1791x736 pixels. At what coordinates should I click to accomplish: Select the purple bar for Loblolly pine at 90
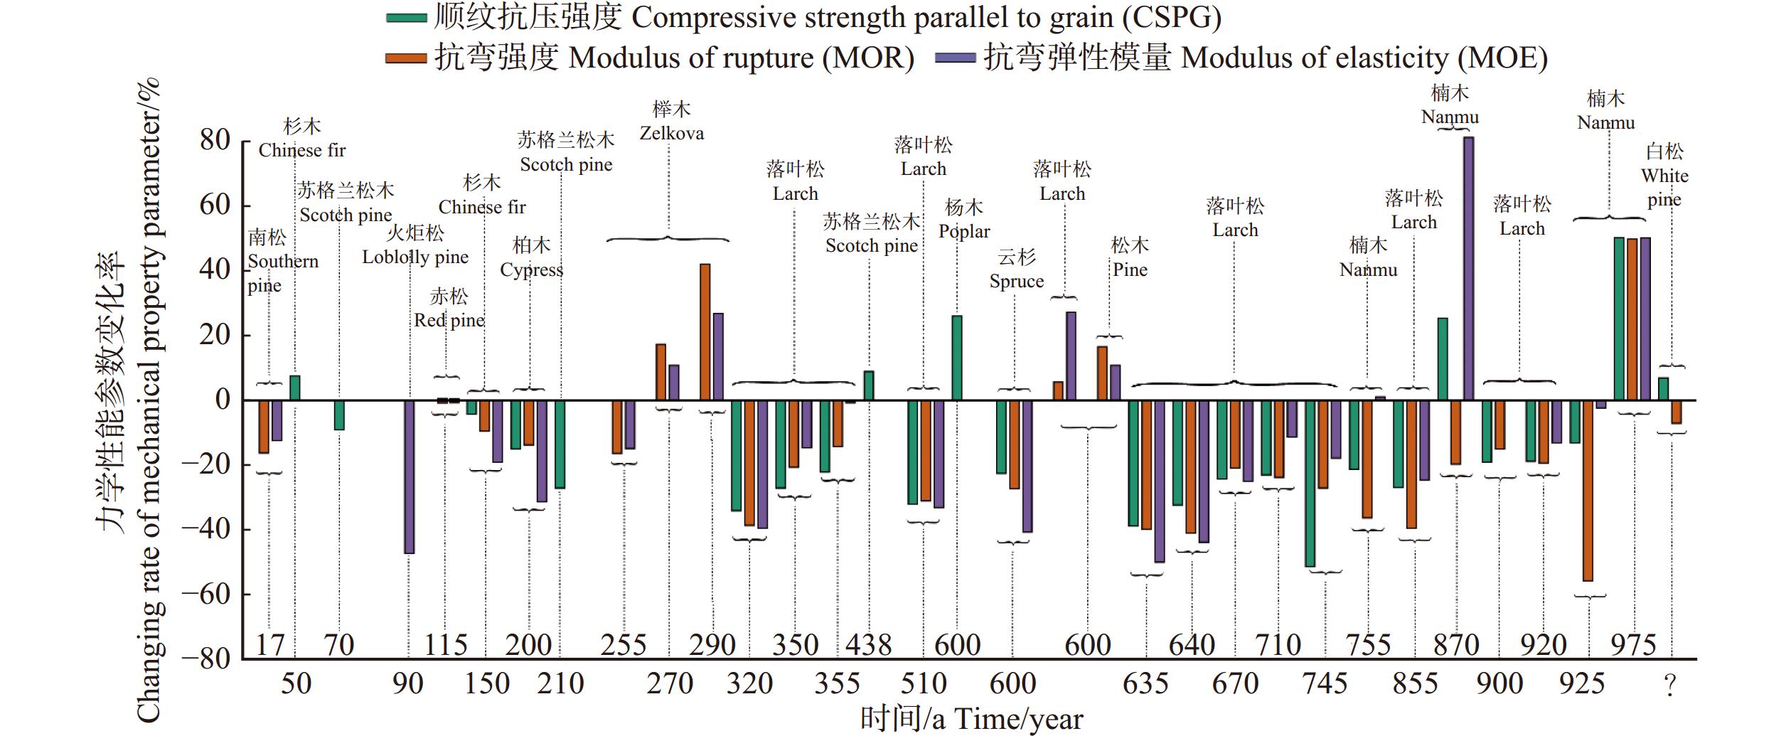point(410,476)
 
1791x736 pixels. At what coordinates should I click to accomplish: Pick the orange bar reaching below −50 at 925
point(1588,491)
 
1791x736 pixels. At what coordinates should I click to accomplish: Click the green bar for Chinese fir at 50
point(295,388)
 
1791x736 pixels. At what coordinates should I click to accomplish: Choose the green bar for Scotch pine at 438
point(869,385)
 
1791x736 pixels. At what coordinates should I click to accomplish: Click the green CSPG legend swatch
point(406,18)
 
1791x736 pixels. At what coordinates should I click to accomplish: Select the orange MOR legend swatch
point(406,58)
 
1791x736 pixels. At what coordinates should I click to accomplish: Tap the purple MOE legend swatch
point(955,58)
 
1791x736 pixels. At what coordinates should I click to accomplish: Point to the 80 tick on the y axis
point(215,141)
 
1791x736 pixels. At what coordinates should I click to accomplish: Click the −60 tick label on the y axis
point(206,594)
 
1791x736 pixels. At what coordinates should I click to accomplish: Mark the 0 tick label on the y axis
point(223,400)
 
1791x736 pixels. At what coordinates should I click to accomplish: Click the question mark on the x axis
point(1670,685)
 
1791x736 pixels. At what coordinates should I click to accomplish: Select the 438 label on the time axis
point(868,646)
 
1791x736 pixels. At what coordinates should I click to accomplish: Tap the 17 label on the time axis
point(269,646)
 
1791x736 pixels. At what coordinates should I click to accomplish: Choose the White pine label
point(1664,176)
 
